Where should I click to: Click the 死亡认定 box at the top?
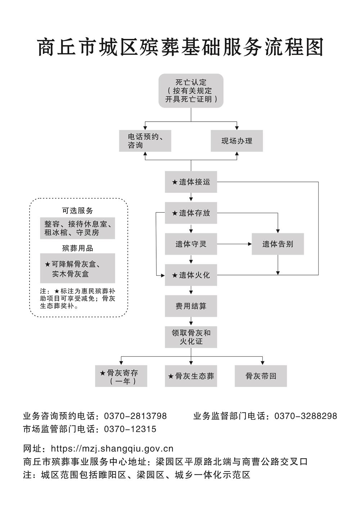[191, 91]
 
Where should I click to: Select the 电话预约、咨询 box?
[145, 141]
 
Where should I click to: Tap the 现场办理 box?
[237, 141]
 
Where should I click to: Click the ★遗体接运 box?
[191, 182]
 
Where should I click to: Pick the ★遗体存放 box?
[191, 213]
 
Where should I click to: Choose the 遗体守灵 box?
[191, 244]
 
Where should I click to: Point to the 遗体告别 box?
[278, 244]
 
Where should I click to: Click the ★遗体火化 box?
[191, 275]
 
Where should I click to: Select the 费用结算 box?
[191, 306]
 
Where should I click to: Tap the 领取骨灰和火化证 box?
[191, 337]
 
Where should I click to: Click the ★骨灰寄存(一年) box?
[121, 376]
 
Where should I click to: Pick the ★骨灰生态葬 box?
[191, 376]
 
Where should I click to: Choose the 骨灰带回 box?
[261, 376]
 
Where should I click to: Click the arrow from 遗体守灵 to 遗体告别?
[234, 244]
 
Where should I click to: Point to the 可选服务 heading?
[77, 211]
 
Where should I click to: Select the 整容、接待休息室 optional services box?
[77, 228]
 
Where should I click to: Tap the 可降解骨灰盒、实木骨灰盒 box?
[77, 269]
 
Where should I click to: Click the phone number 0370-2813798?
[135, 416]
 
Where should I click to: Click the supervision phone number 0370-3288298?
[306, 416]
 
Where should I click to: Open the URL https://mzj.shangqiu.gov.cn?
[112, 449]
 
